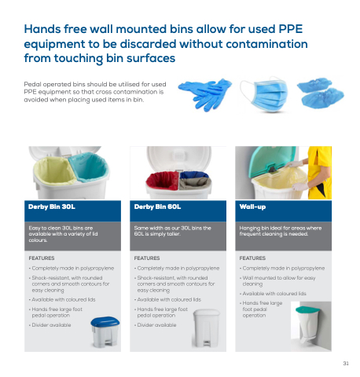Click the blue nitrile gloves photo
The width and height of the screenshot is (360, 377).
coord(205,93)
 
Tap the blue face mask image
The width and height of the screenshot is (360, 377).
coord(265,95)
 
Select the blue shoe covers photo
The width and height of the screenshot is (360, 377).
coord(320,93)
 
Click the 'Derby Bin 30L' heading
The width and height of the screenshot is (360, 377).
coord(52,207)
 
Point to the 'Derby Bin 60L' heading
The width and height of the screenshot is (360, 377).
coord(157,207)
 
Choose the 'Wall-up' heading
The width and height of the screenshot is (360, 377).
coord(252,207)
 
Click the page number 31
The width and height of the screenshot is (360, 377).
coord(346,363)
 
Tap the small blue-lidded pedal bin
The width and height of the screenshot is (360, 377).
coord(105,332)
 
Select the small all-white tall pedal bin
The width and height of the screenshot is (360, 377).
coord(207,328)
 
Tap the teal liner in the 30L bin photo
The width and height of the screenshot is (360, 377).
coord(89,167)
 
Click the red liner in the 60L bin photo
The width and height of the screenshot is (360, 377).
coord(163,180)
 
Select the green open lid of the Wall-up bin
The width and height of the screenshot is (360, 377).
coord(273,159)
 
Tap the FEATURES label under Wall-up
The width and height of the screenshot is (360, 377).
coord(252,258)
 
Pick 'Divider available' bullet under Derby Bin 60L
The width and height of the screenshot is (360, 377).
coord(156,325)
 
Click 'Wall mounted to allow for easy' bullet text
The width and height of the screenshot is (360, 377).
coord(279,278)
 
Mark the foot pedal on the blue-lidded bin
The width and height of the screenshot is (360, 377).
coord(108,342)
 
